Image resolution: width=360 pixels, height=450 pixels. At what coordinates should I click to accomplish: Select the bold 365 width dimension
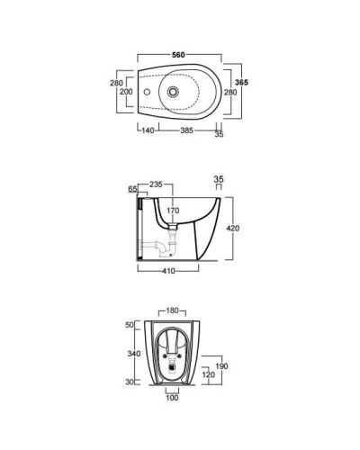pyautogui.click(x=241, y=82)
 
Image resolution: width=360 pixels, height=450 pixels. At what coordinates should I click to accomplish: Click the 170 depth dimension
pyautogui.click(x=172, y=211)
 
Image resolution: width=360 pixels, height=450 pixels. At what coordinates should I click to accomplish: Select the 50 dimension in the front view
pyautogui.click(x=130, y=324)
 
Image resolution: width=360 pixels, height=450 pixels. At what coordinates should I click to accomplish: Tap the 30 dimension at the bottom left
pyautogui.click(x=130, y=382)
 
